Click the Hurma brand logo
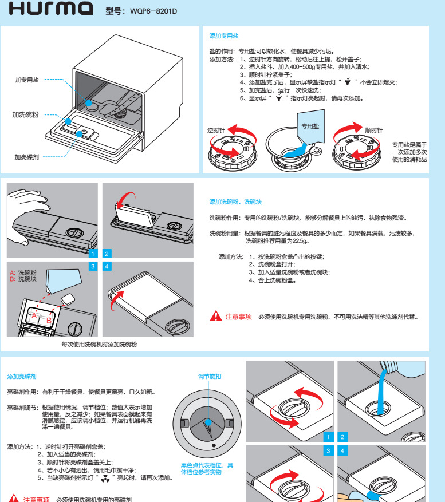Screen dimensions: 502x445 51,9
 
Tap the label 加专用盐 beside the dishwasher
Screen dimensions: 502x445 26,80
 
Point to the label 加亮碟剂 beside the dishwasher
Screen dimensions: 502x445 26,156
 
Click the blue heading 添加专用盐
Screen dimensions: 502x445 220,35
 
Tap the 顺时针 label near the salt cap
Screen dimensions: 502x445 374,131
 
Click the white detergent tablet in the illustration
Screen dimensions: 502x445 68,299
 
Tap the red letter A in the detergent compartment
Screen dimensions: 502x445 34,315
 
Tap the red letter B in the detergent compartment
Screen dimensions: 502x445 49,321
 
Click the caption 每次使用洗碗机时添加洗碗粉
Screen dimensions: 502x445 99,345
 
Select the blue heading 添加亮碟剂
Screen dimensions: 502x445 22,376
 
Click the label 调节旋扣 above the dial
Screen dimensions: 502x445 210,376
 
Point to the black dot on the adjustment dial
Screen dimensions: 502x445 213,445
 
